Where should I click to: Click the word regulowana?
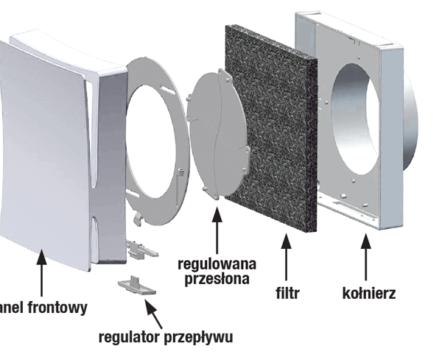point(217,263)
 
